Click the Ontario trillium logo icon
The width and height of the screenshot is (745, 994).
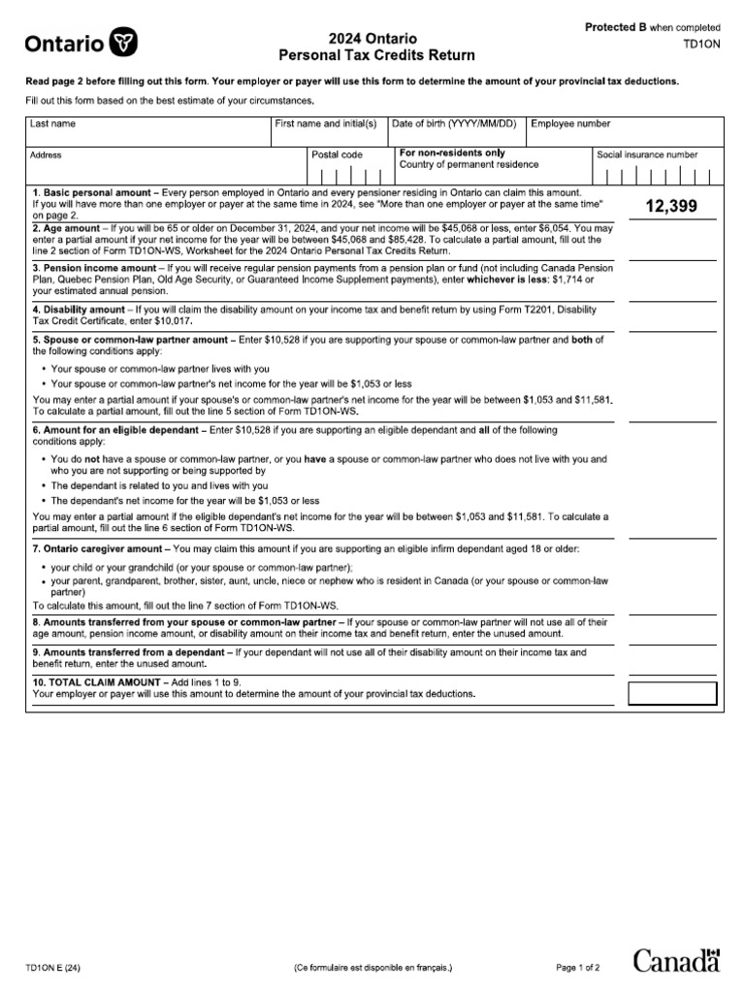125,42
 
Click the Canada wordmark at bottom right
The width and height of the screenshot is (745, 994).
676,961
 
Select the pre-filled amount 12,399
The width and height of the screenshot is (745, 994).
671,207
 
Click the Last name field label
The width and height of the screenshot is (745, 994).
53,124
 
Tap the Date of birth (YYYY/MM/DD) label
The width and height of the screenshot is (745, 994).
454,124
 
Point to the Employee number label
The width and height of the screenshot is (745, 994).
570,124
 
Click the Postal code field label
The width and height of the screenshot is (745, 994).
337,154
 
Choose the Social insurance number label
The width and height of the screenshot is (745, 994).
647,154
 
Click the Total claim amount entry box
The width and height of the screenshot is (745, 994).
672,693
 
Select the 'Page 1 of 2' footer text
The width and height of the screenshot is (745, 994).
579,968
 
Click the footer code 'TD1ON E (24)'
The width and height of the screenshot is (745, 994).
54,968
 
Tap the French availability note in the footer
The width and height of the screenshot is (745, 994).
372,968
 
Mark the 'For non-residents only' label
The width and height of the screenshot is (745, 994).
452,153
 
